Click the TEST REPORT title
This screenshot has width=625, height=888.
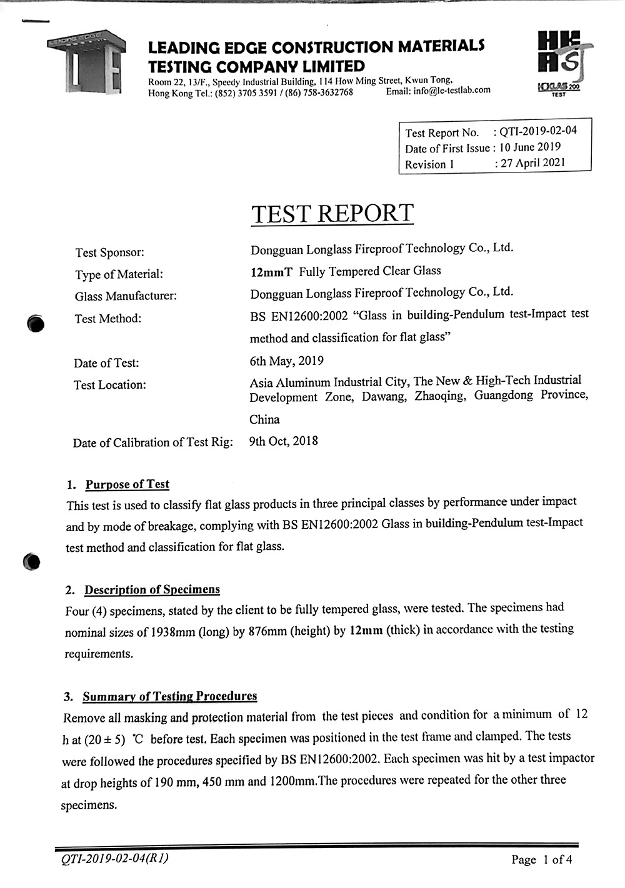332,214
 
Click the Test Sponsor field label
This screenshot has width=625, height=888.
109,252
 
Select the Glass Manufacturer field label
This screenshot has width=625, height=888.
126,296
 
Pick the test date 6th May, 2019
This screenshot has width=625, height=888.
286,361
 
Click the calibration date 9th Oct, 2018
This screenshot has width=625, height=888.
283,441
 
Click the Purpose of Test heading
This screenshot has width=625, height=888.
127,484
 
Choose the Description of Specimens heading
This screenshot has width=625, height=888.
152,590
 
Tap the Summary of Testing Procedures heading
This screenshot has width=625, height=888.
169,697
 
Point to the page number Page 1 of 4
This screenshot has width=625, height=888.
541,860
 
